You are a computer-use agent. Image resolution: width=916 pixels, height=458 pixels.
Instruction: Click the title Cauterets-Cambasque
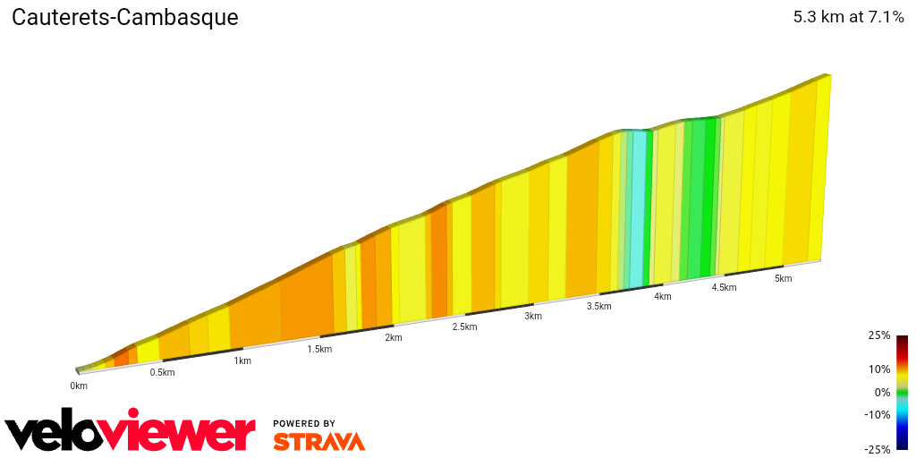coord(124,18)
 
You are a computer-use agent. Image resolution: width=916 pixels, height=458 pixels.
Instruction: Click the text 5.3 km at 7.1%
coord(848,17)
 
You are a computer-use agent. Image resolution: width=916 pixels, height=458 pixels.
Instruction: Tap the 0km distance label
coord(79,386)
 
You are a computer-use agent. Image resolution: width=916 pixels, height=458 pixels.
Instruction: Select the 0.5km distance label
coord(162,372)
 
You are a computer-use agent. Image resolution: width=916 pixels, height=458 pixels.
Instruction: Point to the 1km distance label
coord(242,360)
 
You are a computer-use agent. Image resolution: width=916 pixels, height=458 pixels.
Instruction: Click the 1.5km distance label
coord(319,349)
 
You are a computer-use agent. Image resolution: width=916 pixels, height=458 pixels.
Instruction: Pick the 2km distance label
coord(394,337)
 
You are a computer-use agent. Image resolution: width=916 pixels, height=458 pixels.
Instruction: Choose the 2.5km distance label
coord(464,327)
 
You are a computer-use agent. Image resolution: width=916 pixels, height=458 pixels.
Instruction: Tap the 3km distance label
coord(533,316)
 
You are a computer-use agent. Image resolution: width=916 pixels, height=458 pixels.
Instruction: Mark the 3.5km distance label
coord(598,306)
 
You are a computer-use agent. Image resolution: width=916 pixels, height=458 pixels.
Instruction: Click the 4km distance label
coord(663,296)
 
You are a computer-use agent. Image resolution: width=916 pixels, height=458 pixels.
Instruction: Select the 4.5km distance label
coord(724,287)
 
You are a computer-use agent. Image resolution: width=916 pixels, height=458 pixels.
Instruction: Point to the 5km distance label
coord(784,278)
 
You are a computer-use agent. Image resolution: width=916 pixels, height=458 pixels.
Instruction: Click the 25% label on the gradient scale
coord(879,335)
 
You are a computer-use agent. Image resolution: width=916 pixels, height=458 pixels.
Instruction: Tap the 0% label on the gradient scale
coord(882,392)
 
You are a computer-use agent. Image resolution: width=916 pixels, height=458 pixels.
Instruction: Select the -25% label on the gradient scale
coord(878,449)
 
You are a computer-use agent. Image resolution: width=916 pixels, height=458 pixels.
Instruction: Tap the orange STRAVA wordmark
coord(318,442)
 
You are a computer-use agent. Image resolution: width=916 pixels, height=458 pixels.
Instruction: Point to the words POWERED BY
coord(304,423)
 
